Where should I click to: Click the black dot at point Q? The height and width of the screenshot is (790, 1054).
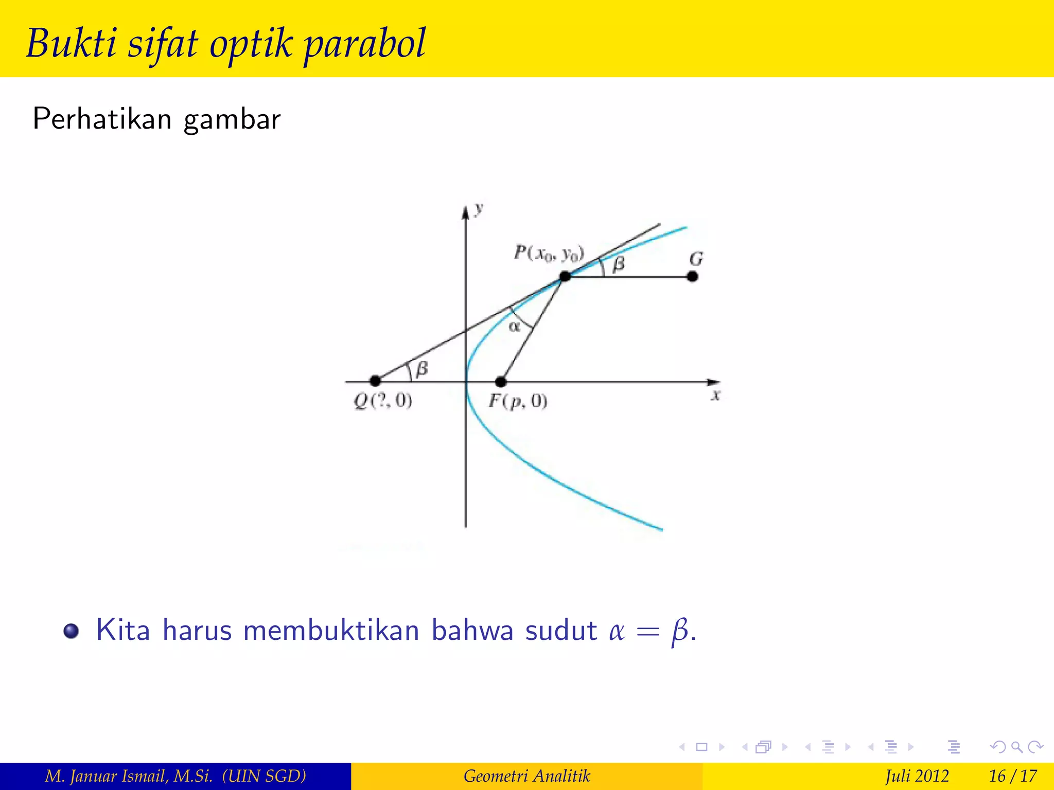375,381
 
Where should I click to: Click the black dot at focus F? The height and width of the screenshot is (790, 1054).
501,382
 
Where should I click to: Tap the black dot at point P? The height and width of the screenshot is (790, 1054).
565,277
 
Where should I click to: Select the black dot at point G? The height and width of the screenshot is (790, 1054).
693,277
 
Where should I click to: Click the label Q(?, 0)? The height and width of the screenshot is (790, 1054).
383,401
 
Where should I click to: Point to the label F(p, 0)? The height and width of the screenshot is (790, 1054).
518,401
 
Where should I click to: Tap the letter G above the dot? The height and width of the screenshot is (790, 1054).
696,259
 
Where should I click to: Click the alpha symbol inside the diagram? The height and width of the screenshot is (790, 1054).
514,327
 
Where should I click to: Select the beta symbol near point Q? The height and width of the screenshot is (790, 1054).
422,369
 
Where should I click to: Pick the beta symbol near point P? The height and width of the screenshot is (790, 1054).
619,264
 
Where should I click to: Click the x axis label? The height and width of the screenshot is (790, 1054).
715,396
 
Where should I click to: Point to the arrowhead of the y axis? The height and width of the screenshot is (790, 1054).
466,212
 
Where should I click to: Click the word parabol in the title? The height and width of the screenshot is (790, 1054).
365,43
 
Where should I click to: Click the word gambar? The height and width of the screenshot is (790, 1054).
232,120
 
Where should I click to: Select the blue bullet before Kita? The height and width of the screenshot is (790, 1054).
71,631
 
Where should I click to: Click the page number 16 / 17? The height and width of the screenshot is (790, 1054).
1012,776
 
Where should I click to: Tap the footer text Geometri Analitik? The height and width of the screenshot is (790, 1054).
526,776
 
